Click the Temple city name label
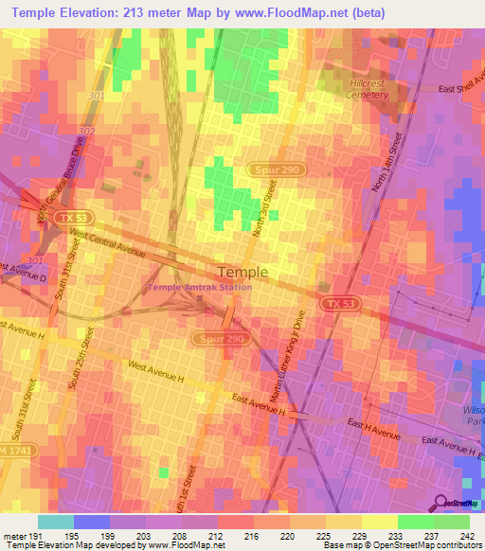tap(242, 271)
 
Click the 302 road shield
tap(87, 132)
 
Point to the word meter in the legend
tap(12, 537)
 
